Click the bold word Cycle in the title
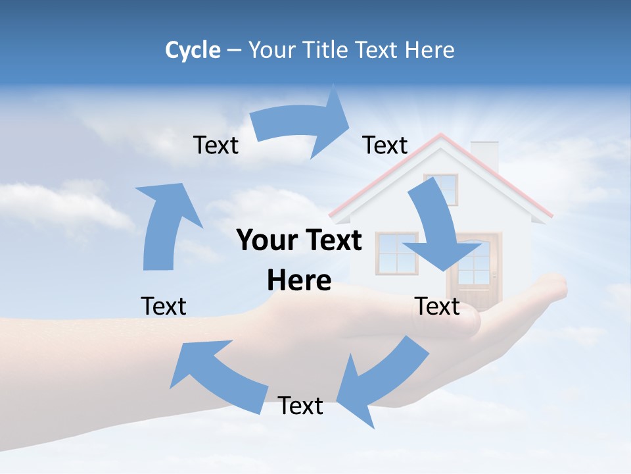193,50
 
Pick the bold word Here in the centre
299,280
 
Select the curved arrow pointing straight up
164,224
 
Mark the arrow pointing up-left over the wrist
217,375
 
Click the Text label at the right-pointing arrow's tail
216,145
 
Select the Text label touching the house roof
385,145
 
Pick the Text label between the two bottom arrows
300,406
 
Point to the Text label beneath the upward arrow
164,306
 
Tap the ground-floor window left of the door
396,253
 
